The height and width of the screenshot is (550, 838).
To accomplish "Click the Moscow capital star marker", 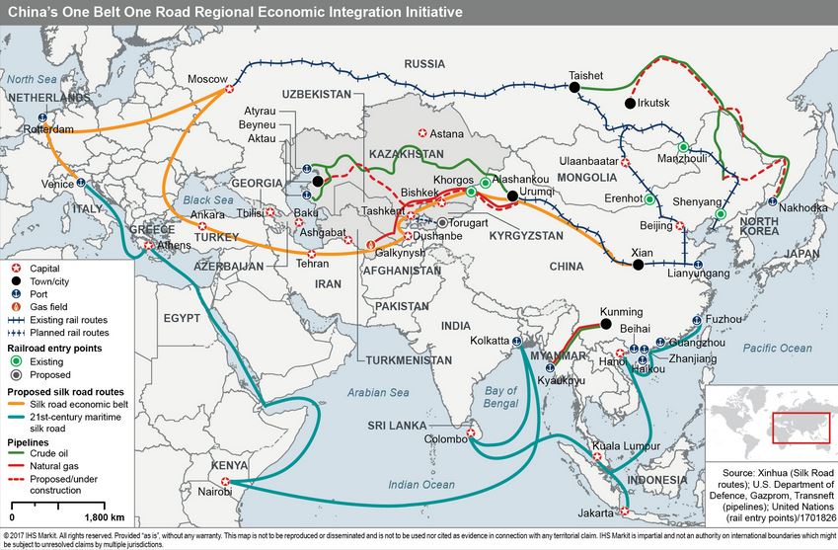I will pyautogui.click(x=230, y=88).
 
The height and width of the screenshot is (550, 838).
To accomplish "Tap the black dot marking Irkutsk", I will pyautogui.click(x=629, y=103).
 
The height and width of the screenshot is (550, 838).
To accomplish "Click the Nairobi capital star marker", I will pyautogui.click(x=226, y=482).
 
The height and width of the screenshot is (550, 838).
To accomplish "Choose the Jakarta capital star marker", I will pyautogui.click(x=622, y=511).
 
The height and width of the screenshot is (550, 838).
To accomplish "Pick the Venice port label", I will pyautogui.click(x=56, y=184).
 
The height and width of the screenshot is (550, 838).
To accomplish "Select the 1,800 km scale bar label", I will pyautogui.click(x=105, y=517).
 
